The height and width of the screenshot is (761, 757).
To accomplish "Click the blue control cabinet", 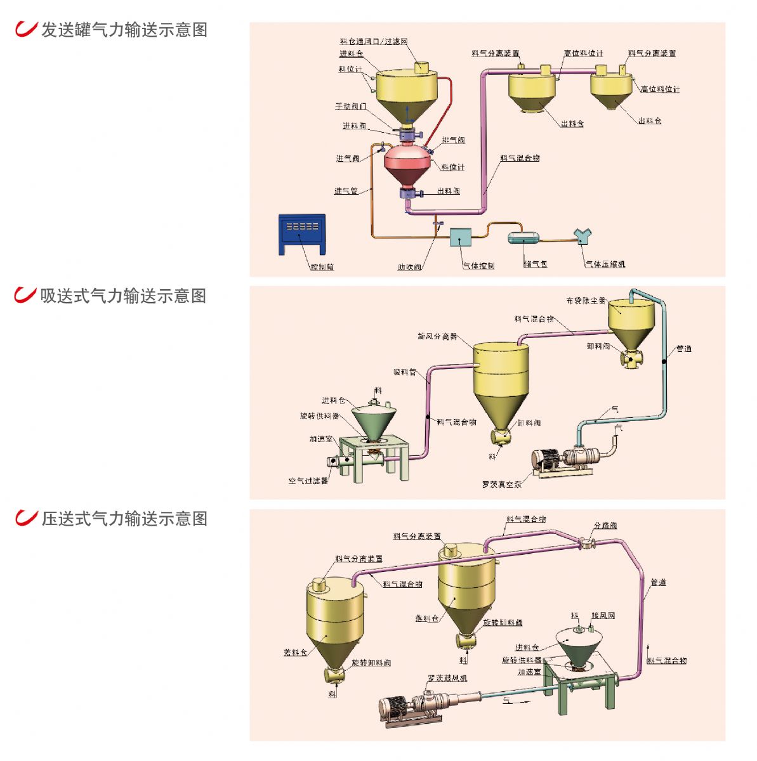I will coord(302,234).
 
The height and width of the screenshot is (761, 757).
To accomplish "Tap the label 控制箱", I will coord(322,267).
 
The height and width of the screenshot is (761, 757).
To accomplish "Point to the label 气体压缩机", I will coord(604,264).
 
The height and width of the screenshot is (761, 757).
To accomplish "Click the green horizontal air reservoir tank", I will coord(523,238).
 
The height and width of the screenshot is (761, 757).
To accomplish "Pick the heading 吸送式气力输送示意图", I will coord(123,296).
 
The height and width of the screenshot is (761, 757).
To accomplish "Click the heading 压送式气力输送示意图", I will coord(124,518).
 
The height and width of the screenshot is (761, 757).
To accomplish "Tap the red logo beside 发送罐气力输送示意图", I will coord(25,29).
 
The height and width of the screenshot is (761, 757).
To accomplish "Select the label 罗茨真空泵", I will coord(501,485).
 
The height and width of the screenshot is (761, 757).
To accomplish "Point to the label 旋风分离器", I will coord(437,336).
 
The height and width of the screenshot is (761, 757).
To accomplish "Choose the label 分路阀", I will coord(605,526).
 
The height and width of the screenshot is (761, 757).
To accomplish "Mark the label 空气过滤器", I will coord(308,481).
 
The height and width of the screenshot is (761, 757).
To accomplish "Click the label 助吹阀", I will coord(409,267).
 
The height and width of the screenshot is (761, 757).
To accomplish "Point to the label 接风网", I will coord(603,615).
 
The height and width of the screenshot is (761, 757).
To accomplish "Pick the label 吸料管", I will coord(405,372).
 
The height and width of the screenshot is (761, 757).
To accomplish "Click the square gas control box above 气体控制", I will coord(461,238).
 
